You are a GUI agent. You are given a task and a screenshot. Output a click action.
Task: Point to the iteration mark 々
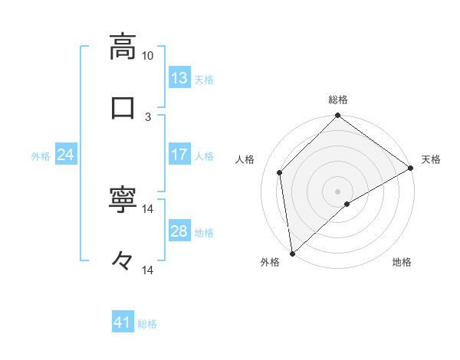tap(123, 260)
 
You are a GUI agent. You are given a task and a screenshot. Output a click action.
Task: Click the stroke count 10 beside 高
tap(148, 56)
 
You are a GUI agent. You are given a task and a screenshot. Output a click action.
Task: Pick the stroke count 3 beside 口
tap(148, 116)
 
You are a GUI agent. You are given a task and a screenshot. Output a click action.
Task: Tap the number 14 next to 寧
tap(148, 209)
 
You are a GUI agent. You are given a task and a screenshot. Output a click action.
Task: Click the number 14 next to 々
tap(148, 270)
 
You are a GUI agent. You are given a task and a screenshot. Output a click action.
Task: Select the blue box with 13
tap(179, 78)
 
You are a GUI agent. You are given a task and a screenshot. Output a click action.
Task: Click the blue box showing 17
tap(179, 155)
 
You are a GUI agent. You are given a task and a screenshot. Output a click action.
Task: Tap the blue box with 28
tap(179, 231)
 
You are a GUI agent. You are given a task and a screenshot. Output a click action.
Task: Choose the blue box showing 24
tap(66, 155)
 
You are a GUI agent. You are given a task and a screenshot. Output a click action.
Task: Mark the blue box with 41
tap(123, 323)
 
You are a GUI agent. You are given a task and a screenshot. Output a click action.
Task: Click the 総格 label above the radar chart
tap(338, 100)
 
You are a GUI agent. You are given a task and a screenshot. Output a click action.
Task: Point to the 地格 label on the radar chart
tap(402, 263)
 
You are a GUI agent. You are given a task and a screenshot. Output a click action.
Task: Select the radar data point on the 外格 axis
tap(292, 254)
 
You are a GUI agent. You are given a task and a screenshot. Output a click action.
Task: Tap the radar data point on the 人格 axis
tap(280, 172)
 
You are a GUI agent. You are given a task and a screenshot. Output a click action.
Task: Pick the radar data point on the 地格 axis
tap(347, 204)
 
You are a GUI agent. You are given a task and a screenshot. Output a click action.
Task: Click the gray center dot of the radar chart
tap(338, 191)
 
